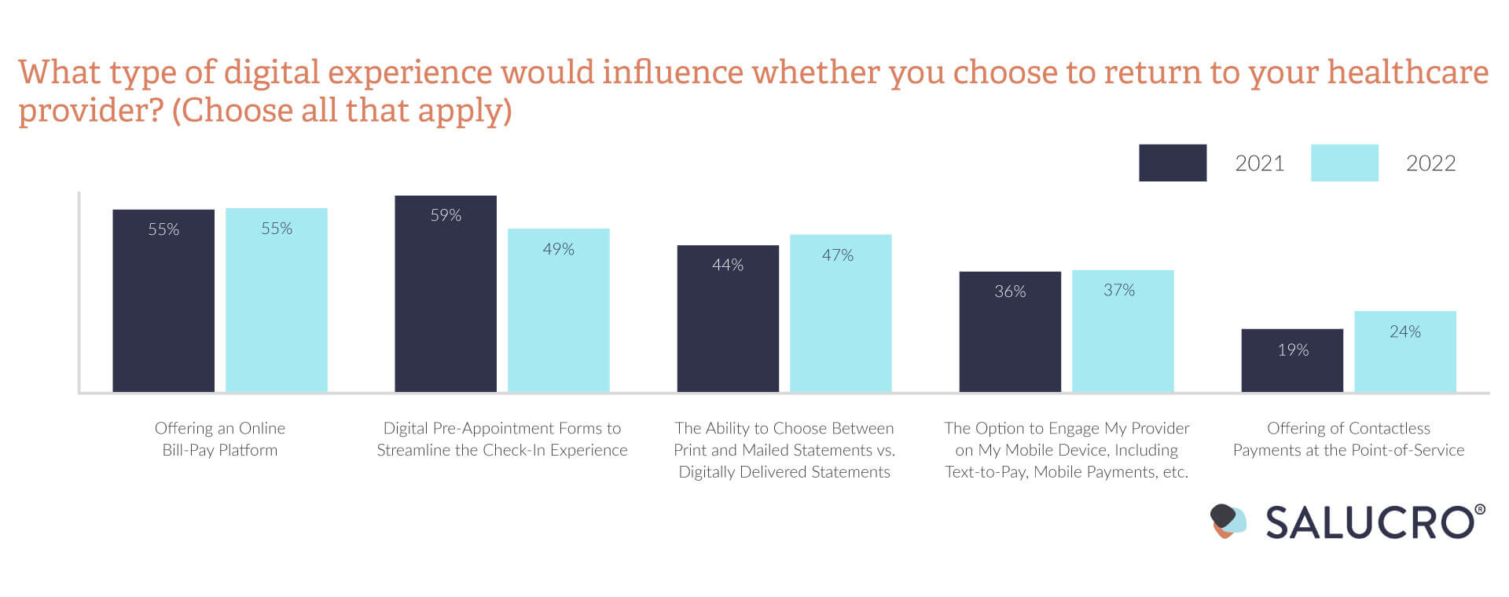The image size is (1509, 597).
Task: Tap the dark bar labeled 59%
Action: [x=446, y=294]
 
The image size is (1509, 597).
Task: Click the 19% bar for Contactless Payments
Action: [x=1292, y=361]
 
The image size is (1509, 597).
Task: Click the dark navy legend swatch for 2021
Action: [x=1173, y=163]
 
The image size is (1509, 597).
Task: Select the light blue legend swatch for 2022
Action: [x=1344, y=163]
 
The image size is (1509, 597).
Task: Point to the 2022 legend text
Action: [x=1430, y=163]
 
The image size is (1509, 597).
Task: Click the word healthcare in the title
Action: [x=1408, y=72]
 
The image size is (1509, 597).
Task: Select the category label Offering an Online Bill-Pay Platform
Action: [x=220, y=439]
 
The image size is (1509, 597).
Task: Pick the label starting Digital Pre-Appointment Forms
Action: [x=502, y=439]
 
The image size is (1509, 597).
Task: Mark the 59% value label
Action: [x=446, y=215]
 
